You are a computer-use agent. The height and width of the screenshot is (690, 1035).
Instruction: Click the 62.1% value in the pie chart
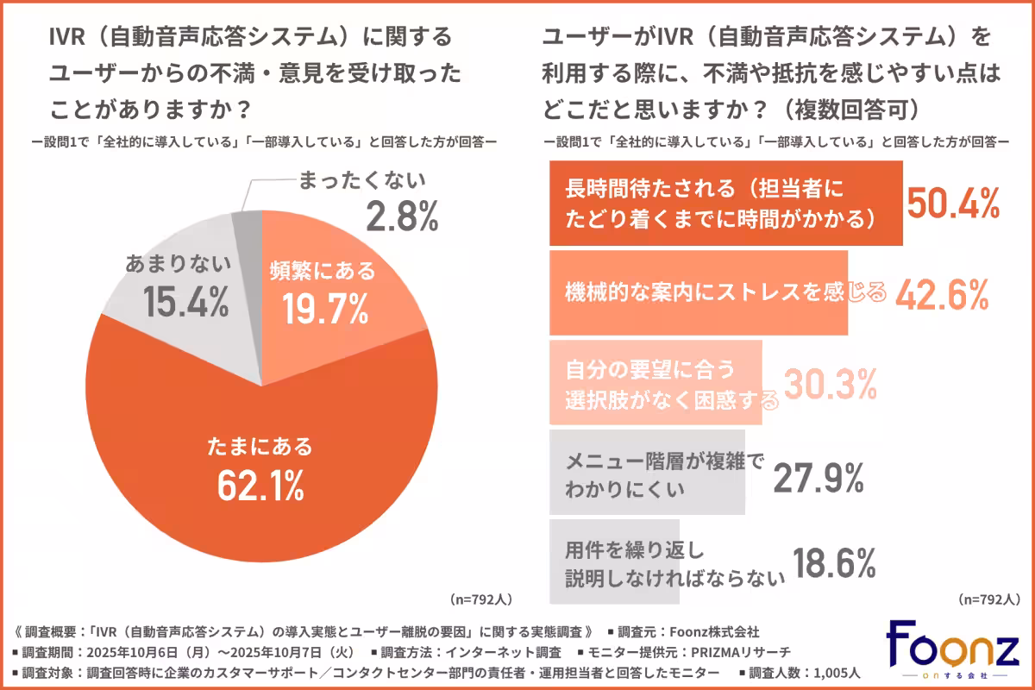coord(260,486)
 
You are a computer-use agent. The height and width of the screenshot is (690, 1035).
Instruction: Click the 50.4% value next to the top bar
coord(954,204)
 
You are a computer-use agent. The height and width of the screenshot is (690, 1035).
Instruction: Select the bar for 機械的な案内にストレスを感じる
coord(699,293)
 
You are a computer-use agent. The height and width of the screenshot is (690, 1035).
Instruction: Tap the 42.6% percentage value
coord(941,295)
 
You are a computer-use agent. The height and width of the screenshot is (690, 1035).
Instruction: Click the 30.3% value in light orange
coord(829,384)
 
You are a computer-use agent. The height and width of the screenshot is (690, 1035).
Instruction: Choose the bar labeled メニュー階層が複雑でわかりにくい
coord(647,474)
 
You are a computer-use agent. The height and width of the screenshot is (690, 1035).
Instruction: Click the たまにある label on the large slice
coord(260,448)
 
